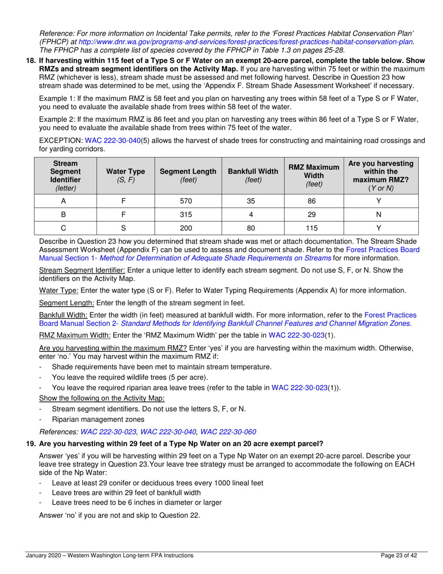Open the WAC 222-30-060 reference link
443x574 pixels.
pyautogui.click(x=228, y=432)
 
